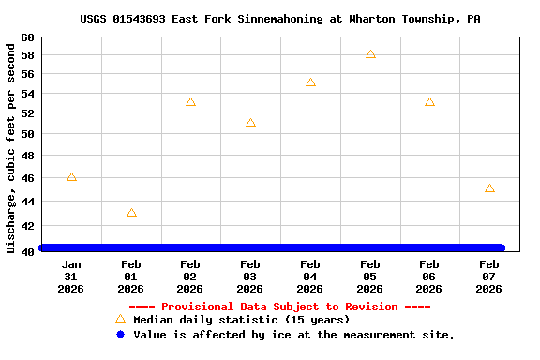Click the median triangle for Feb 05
tap(370, 54)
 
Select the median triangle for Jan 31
tap(71, 177)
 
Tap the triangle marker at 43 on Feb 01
tap(131, 213)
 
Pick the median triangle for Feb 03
tap(250, 123)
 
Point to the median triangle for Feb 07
tap(489, 188)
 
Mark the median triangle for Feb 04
tap(310, 82)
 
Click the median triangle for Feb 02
tap(190, 102)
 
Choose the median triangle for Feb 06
tap(429, 102)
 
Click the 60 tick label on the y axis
tap(28, 37)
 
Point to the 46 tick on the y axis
tap(28, 177)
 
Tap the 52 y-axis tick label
tap(28, 113)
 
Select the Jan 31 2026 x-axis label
tap(71, 277)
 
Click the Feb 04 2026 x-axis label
tap(310, 277)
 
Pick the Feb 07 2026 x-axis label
tap(489, 277)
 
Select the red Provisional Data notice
tap(279, 307)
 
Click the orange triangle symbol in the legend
tap(120, 319)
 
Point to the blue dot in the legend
tap(120, 334)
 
